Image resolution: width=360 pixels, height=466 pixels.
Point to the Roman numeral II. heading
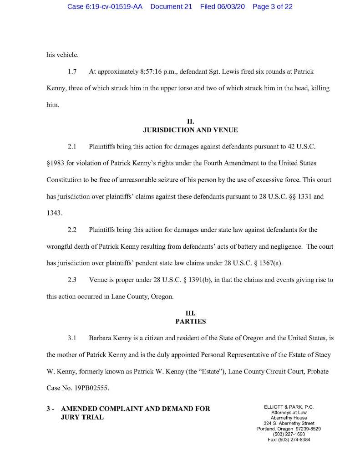pos(191,121)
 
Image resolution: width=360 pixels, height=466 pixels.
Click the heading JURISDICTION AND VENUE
pos(191,130)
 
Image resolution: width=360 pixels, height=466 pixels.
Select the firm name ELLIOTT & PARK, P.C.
pos(289,407)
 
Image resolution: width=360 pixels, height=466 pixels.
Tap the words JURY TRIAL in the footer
pos(82,417)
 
